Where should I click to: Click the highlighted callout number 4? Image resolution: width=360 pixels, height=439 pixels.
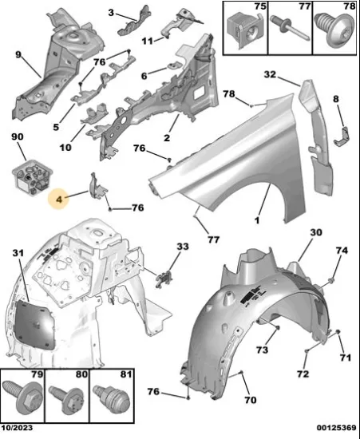(59, 200)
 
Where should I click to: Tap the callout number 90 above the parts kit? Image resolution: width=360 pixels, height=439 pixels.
(18, 136)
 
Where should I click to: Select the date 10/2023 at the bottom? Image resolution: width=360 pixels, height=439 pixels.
(17, 428)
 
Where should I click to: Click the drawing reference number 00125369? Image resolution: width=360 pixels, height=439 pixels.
(337, 428)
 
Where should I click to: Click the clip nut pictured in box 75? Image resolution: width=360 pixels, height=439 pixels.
(244, 30)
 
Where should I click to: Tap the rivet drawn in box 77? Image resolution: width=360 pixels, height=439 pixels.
(290, 27)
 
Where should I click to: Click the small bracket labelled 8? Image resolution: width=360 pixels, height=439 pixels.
(342, 136)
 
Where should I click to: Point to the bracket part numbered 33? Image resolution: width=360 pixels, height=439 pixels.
(164, 279)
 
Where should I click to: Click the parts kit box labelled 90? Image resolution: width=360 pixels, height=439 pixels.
(32, 177)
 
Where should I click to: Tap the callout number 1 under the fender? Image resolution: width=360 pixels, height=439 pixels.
(257, 220)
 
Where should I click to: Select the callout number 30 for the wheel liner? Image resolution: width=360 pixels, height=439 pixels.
(316, 232)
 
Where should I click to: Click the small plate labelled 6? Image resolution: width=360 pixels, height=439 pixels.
(175, 67)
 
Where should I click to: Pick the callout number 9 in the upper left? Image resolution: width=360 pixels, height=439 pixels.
(18, 54)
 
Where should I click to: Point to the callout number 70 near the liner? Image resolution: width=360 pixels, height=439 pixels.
(250, 400)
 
